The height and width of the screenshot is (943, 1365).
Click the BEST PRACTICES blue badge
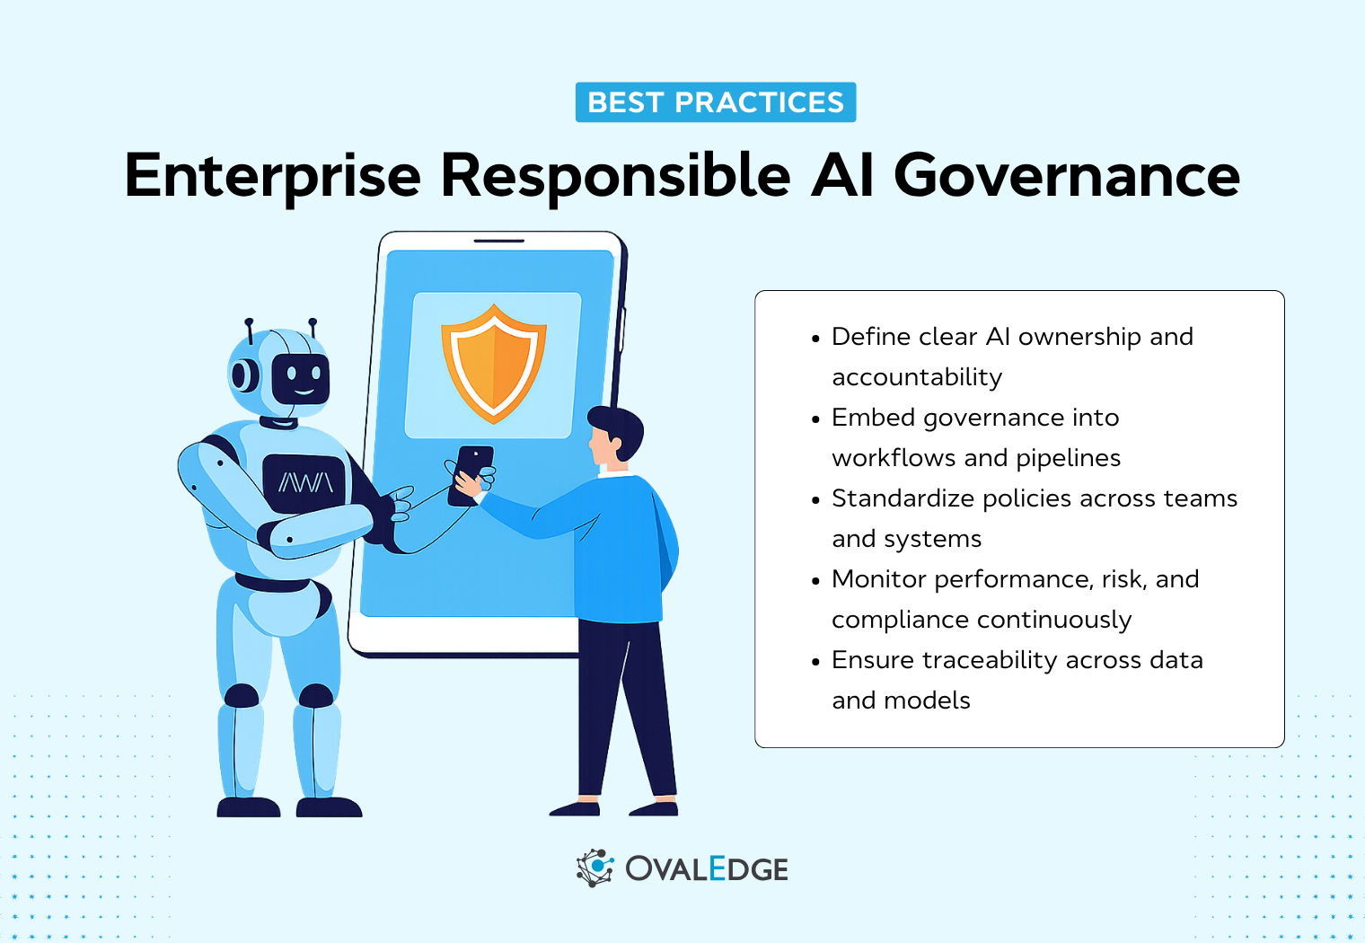[715, 102]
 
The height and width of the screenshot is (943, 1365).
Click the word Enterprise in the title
[272, 176]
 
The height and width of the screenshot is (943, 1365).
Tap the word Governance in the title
[1066, 176]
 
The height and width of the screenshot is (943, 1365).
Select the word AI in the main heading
[841, 176]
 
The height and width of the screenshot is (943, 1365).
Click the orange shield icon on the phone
[493, 364]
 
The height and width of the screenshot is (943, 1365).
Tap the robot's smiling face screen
[301, 378]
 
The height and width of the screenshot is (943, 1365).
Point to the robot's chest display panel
[304, 483]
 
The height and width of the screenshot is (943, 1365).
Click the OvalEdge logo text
[706, 869]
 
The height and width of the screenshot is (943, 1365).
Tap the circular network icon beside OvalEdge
[594, 868]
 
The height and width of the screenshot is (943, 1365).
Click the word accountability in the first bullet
[916, 377]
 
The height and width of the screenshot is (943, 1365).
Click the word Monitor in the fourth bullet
[878, 579]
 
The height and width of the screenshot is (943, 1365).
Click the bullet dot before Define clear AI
[815, 339]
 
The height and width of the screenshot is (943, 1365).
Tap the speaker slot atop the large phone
[498, 241]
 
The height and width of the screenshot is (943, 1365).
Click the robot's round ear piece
[242, 375]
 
